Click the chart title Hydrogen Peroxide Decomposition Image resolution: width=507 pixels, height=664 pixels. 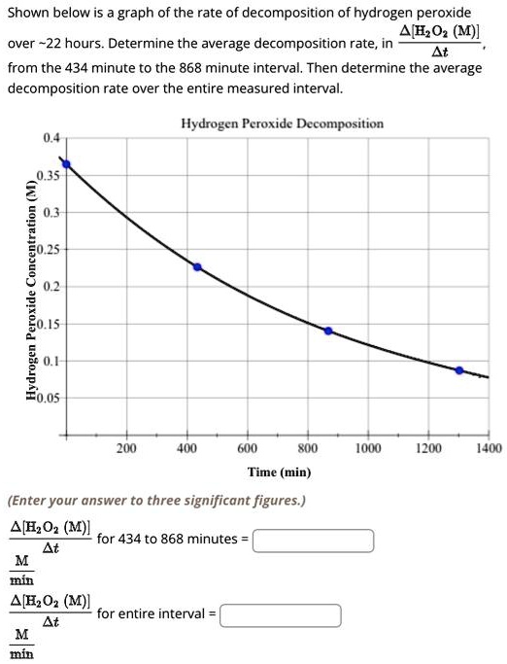coord(282,123)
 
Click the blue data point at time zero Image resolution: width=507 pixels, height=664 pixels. coord(66,164)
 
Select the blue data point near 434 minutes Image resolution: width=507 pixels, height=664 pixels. coord(197,266)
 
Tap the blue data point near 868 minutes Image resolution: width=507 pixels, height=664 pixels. coord(327,331)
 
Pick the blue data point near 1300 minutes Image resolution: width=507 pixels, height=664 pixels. coord(459,370)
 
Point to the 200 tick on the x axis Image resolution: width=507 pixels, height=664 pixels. coord(126,448)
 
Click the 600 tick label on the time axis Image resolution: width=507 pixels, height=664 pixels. coord(247,448)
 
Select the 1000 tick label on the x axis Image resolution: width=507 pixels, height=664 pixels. coord(368,448)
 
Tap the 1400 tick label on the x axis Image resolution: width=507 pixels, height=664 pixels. coord(490,448)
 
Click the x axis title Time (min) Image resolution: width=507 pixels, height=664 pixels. coord(279,472)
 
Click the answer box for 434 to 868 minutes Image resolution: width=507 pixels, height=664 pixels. coord(314,540)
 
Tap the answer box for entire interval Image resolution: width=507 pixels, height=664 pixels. coord(281,615)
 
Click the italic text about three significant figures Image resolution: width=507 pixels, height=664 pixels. coord(156,501)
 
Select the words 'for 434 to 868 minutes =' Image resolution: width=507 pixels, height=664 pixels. coord(173,537)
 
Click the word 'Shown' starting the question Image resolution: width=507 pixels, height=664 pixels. coord(30,12)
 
